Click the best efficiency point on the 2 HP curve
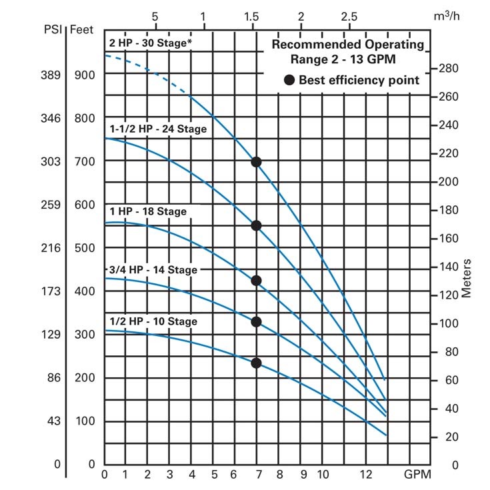[x=256, y=162]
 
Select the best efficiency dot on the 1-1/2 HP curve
[x=256, y=225]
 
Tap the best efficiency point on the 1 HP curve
[x=256, y=281]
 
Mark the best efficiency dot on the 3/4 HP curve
[x=256, y=321]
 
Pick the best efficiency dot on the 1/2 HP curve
[x=256, y=363]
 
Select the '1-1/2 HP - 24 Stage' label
[x=158, y=129]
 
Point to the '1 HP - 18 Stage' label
[x=148, y=211]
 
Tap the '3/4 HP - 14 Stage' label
[x=153, y=270]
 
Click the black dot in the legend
[x=289, y=80]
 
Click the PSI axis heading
[x=53, y=29]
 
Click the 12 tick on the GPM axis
[x=365, y=475]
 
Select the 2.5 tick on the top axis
[x=349, y=15]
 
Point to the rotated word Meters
[x=467, y=278]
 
